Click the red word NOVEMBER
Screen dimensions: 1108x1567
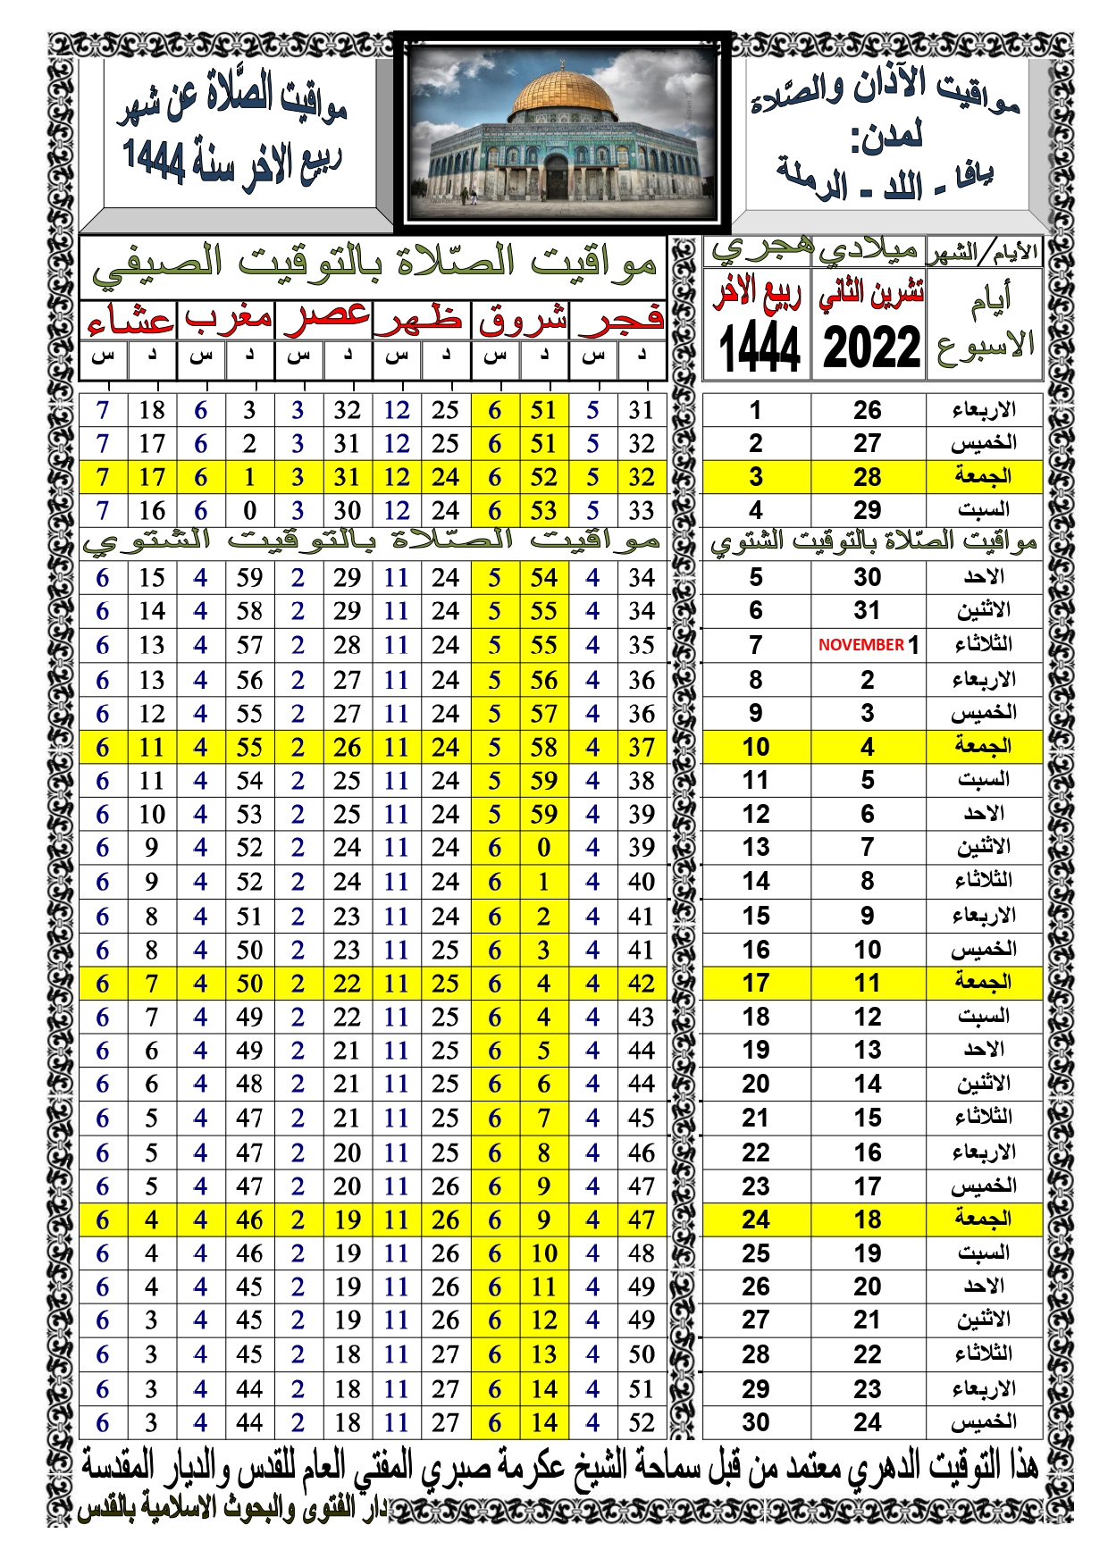(x=860, y=645)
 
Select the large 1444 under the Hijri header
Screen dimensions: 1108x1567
(x=759, y=348)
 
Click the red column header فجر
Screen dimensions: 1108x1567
(x=620, y=319)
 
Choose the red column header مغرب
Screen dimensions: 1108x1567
(x=228, y=319)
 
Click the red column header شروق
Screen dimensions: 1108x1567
(x=522, y=319)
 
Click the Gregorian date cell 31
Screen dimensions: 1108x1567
(x=867, y=611)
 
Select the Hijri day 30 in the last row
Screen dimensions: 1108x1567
(x=755, y=1422)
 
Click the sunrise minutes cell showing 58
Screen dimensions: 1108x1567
(x=543, y=747)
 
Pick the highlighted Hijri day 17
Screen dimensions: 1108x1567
(x=755, y=984)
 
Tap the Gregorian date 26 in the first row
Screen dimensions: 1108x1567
(x=867, y=410)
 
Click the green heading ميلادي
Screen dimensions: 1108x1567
(x=869, y=251)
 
